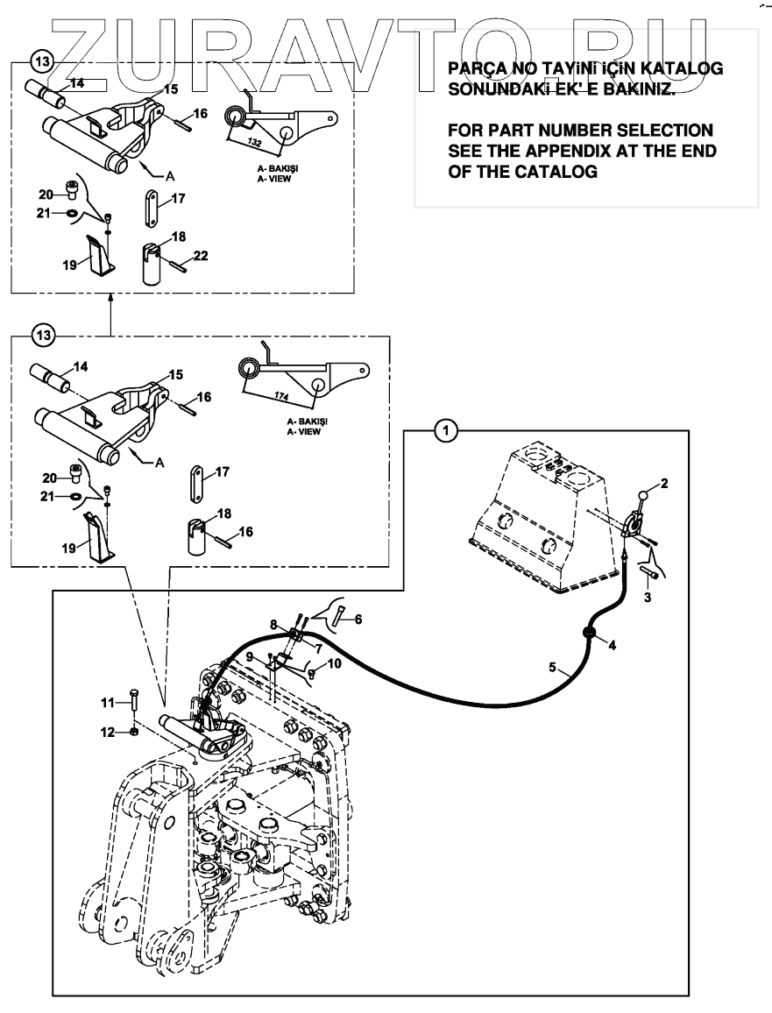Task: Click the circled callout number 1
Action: [446, 430]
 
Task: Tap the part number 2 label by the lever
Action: [663, 483]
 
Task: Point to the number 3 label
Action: [648, 598]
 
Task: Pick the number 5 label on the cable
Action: [552, 667]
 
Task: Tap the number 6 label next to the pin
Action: [358, 620]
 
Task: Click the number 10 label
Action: [334, 663]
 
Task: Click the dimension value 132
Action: [254, 141]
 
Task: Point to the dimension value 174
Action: [280, 396]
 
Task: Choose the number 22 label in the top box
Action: [201, 256]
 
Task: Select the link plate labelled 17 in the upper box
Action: [152, 208]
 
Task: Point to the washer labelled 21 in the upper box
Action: [73, 213]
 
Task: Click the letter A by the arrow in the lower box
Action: [159, 462]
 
